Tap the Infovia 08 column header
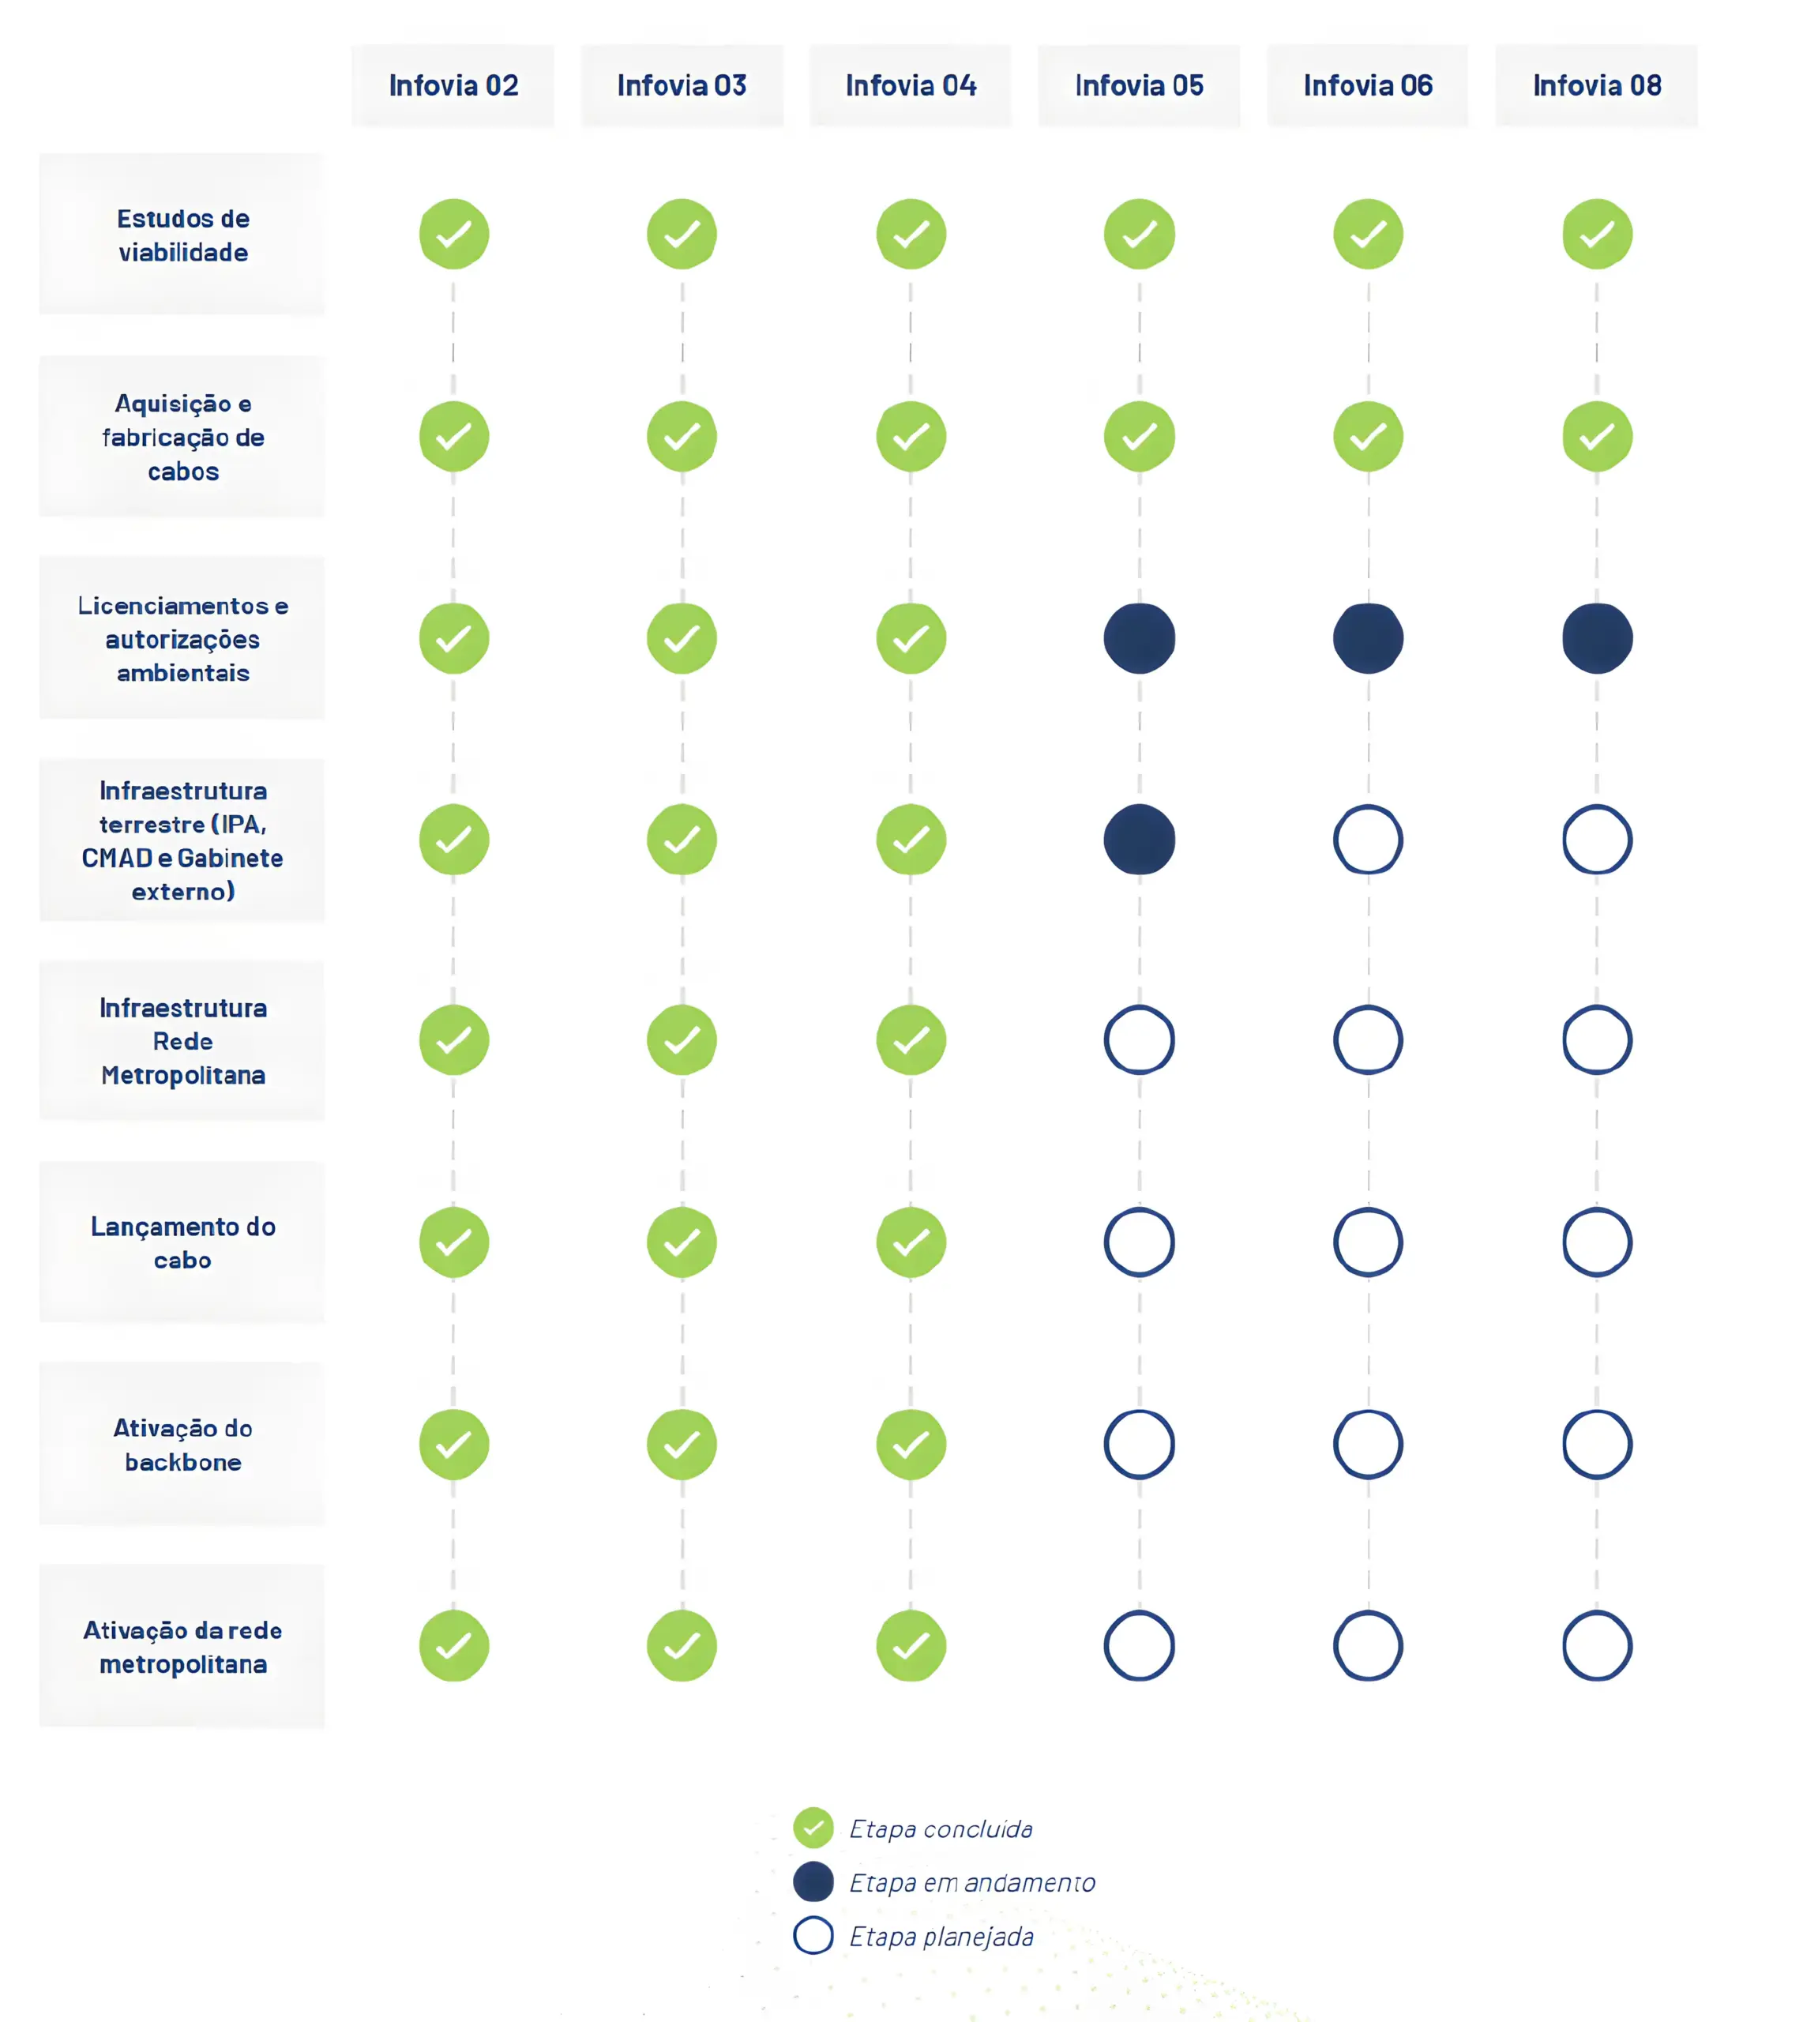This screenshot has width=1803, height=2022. click(1596, 86)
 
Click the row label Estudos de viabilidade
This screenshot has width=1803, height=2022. click(182, 235)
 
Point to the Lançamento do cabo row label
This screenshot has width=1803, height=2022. click(182, 1242)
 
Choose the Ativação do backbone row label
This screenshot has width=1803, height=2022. click(182, 1445)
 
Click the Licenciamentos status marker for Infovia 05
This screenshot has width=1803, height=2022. click(1140, 638)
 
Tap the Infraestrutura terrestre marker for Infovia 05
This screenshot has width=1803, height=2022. click(1140, 839)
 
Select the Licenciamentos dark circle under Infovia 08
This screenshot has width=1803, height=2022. click(1597, 638)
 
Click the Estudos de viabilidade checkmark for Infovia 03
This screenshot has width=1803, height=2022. click(682, 235)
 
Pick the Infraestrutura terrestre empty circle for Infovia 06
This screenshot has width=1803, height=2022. click(1368, 839)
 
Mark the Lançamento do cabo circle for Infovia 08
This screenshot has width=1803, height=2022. click(1597, 1242)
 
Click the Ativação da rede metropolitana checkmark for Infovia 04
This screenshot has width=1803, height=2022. click(911, 1645)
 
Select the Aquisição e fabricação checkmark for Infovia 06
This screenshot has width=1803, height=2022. click(1368, 437)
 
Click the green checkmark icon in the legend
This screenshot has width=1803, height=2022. click(813, 1828)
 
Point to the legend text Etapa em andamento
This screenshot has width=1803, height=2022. click(972, 1882)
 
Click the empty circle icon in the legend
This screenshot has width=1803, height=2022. click(813, 1936)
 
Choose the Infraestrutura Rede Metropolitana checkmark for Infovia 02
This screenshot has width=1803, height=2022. click(454, 1040)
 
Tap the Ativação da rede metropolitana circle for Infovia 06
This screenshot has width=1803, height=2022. click(1368, 1645)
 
